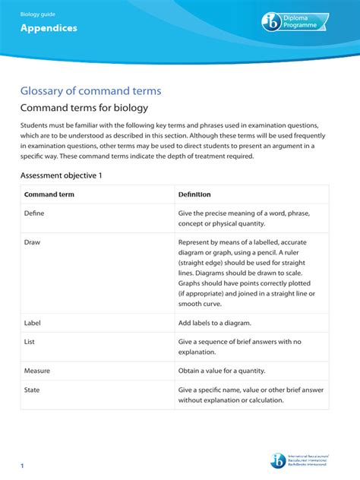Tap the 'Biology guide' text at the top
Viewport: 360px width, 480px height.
click(x=37, y=12)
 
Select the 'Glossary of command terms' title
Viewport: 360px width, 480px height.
click(x=90, y=91)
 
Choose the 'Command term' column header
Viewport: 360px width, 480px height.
click(x=49, y=194)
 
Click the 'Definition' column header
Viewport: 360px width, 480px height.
click(x=194, y=194)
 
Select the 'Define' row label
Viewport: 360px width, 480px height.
click(x=34, y=213)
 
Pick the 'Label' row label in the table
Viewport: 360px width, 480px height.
click(x=32, y=323)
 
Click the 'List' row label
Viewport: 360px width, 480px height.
click(x=30, y=342)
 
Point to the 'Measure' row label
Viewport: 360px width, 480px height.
click(x=36, y=371)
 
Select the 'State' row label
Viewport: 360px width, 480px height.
click(x=32, y=390)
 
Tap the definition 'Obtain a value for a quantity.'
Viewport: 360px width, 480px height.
click(x=233, y=371)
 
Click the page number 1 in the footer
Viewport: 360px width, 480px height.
click(x=23, y=465)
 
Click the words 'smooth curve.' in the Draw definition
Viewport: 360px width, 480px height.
click(x=200, y=304)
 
